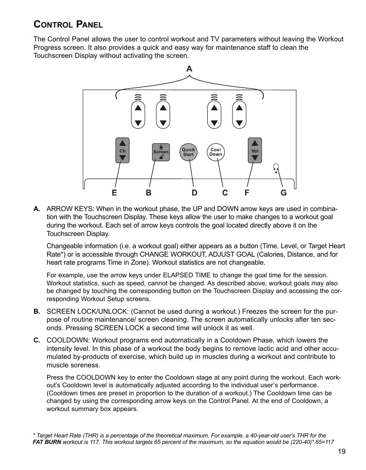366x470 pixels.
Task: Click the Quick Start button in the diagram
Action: coord(188,152)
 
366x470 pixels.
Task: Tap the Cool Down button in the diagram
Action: coord(216,152)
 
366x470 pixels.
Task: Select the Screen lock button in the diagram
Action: coord(161,152)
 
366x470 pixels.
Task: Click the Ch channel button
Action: coord(122,151)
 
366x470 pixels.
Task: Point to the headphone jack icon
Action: coord(275,169)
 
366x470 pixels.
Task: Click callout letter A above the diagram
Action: coord(189,69)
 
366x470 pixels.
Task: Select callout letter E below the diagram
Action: coord(114,193)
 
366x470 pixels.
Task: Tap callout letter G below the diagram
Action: coord(284,193)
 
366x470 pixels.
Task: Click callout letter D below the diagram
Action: coord(195,193)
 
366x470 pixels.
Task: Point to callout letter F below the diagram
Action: coord(247,193)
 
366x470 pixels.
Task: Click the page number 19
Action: coord(342,452)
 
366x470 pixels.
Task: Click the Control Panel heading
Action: coord(68,25)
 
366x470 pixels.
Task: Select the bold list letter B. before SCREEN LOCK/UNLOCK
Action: coord(37,311)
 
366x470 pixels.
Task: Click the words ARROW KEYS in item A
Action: coord(69,209)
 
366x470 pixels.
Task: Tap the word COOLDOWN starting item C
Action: coord(68,340)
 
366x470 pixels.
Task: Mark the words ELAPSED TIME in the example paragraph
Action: coord(187,275)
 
